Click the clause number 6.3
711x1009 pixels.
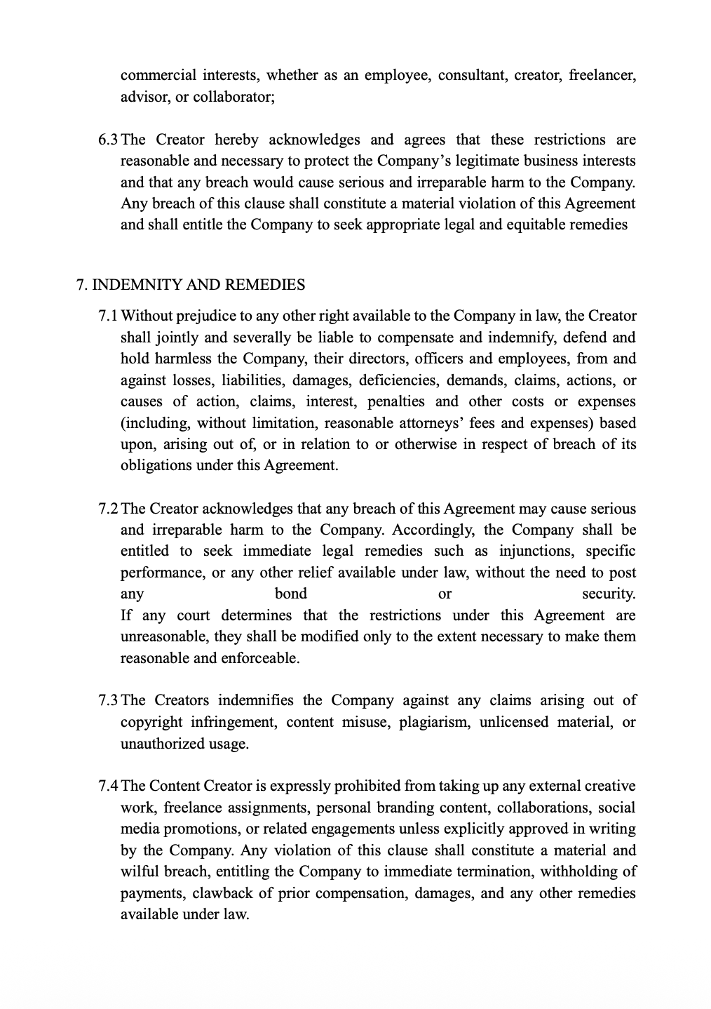[109, 140]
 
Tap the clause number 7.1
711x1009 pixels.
[109, 316]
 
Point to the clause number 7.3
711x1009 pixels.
[109, 700]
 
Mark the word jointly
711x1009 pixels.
[177, 338]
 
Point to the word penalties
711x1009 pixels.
[396, 402]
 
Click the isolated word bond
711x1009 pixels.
[291, 594]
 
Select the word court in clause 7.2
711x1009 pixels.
[193, 615]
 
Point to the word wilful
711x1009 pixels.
[140, 872]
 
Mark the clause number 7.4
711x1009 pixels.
[109, 786]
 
